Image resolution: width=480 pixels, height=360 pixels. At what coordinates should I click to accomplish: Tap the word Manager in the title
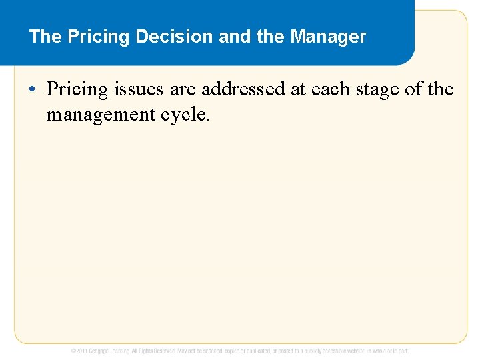tap(328, 37)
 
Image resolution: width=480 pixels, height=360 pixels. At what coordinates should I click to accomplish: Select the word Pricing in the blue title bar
tap(99, 37)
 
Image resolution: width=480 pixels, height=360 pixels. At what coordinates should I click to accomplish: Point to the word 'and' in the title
tap(233, 37)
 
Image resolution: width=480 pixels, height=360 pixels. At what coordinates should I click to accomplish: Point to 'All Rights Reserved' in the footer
tap(153, 351)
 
